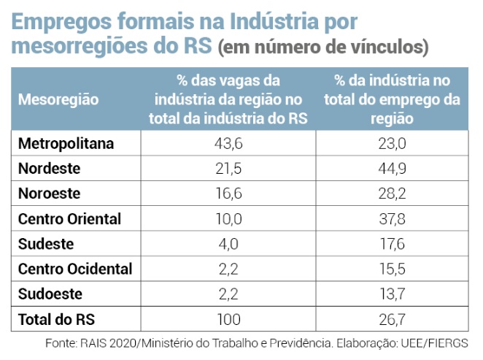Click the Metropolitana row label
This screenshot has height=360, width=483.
click(x=66, y=144)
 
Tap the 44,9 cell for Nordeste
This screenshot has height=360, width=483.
click(x=391, y=169)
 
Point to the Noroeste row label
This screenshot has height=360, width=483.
click(x=50, y=194)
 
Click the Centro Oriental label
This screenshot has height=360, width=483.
click(x=69, y=219)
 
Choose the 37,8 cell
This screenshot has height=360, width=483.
click(x=391, y=219)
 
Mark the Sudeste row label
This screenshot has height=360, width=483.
click(x=46, y=244)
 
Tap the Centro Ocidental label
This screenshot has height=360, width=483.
click(x=75, y=269)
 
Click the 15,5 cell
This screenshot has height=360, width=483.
click(x=391, y=269)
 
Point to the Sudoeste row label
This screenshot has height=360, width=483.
click(x=50, y=294)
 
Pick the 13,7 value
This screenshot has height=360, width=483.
click(x=391, y=294)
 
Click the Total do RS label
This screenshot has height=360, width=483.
click(x=57, y=319)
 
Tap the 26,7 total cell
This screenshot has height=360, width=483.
click(x=391, y=319)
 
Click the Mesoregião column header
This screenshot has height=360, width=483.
click(x=58, y=99)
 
